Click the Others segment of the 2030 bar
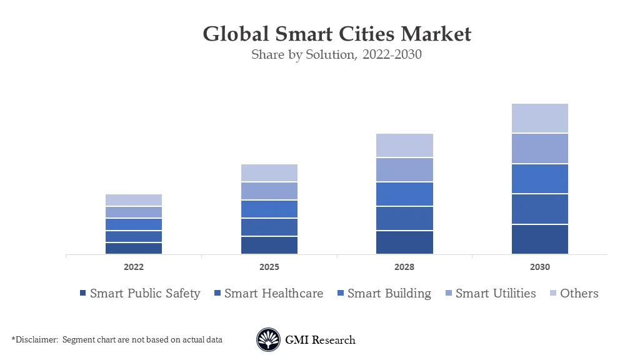[539, 118]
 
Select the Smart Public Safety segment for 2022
[134, 248]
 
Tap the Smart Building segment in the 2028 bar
[404, 194]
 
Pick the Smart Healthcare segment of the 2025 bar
[269, 227]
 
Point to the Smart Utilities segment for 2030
[539, 149]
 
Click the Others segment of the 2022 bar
[134, 200]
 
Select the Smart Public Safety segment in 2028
[404, 242]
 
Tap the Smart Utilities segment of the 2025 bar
[269, 191]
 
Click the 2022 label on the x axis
[134, 267]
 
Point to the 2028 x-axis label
[404, 267]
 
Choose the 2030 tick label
[539, 267]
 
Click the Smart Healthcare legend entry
[274, 293]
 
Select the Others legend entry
[579, 293]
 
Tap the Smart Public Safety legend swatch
[82, 294]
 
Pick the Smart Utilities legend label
[496, 293]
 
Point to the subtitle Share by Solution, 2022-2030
[336, 54]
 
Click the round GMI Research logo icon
[269, 340]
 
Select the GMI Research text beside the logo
[320, 340]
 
